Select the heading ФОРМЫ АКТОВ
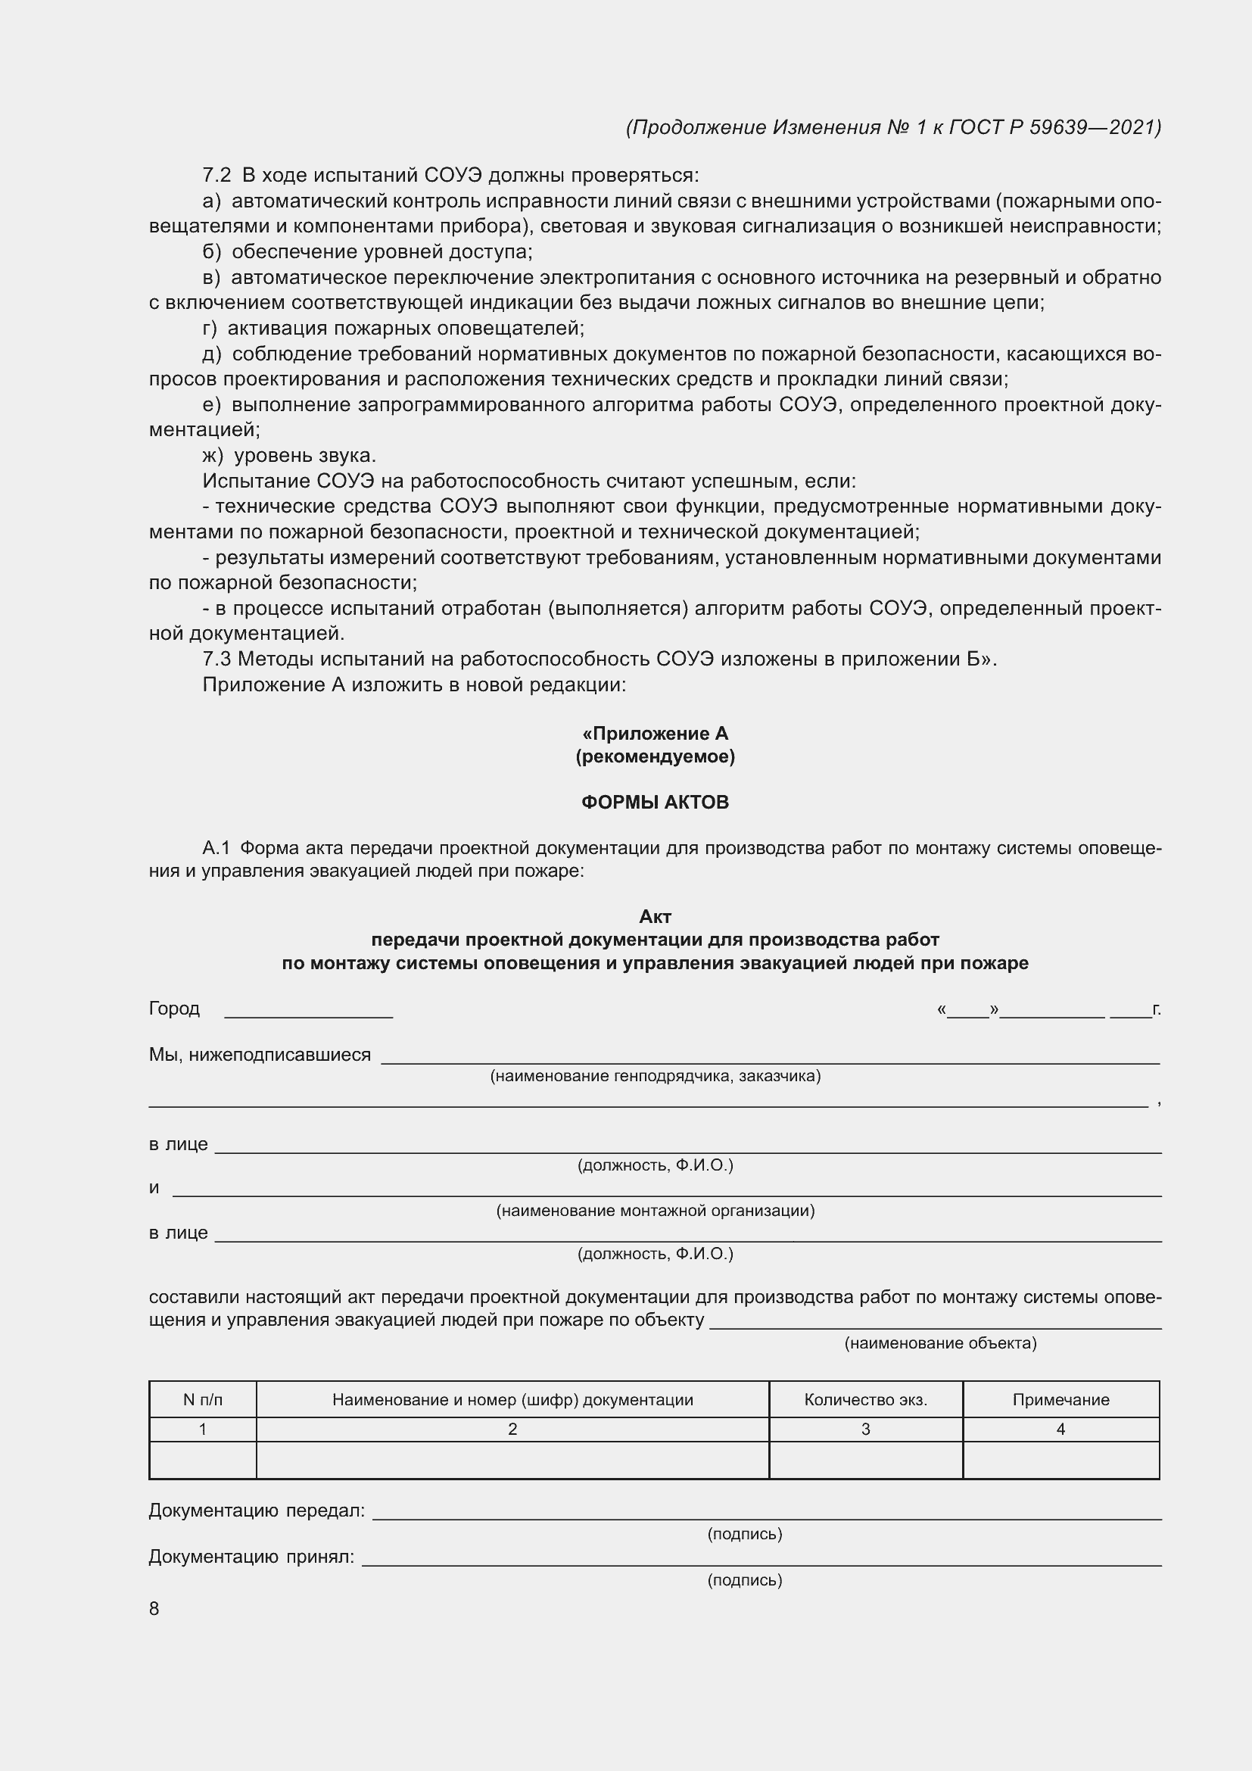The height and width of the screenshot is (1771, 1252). pyautogui.click(x=655, y=802)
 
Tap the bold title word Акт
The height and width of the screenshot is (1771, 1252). pyautogui.click(x=656, y=916)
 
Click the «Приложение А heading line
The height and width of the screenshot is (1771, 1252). pyautogui.click(x=656, y=734)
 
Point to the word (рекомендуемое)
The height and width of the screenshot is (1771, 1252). pyautogui.click(x=656, y=756)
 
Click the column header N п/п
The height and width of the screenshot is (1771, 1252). pyautogui.click(x=203, y=1400)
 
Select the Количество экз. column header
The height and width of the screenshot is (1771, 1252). pyautogui.click(x=865, y=1400)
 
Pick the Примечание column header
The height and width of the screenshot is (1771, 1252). pyautogui.click(x=1060, y=1400)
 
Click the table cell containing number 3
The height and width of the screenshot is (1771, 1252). pyautogui.click(x=865, y=1430)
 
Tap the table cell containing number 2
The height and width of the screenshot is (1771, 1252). pyautogui.click(x=512, y=1430)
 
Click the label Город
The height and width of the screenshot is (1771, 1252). pyautogui.click(x=174, y=1009)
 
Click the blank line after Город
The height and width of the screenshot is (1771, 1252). pyautogui.click(x=308, y=1015)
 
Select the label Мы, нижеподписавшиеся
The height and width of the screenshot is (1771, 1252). pyautogui.click(x=260, y=1055)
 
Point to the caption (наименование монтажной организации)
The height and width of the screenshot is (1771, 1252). pyautogui.click(x=656, y=1211)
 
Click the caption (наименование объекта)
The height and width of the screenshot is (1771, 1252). pyautogui.click(x=941, y=1344)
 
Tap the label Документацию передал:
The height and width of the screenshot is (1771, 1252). pyautogui.click(x=257, y=1511)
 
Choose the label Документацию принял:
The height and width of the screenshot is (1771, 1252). pyautogui.click(x=251, y=1557)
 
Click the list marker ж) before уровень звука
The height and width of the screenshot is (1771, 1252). pyautogui.click(x=213, y=456)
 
